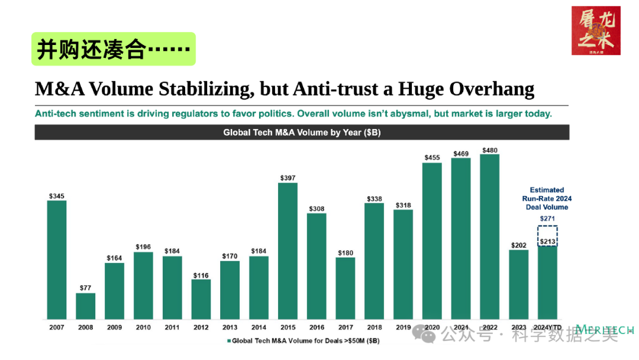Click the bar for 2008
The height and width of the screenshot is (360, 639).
pyautogui.click(x=85, y=306)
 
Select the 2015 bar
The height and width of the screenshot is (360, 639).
pyautogui.click(x=288, y=250)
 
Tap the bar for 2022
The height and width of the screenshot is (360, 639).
pyautogui.click(x=489, y=237)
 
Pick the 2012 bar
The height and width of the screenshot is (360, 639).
pyautogui.click(x=201, y=299)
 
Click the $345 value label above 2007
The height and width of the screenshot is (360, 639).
pyautogui.click(x=57, y=195)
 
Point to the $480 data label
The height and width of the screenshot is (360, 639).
pyautogui.click(x=489, y=150)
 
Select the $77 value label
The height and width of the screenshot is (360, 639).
pyautogui.click(x=85, y=288)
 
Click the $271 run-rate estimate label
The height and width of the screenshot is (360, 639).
pyautogui.click(x=547, y=219)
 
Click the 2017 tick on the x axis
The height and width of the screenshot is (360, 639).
pyautogui.click(x=345, y=327)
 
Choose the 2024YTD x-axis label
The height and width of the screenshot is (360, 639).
pyautogui.click(x=547, y=327)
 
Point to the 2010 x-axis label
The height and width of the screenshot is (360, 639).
pyautogui.click(x=143, y=327)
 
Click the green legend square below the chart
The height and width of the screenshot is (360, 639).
pyautogui.click(x=228, y=341)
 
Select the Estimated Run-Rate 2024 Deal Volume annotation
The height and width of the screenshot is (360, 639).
pyautogui.click(x=547, y=198)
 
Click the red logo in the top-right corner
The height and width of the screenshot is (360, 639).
pyautogui.click(x=596, y=30)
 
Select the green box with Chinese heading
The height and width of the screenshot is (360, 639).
pyautogui.click(x=114, y=49)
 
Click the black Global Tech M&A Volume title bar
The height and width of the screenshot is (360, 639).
pyautogui.click(x=302, y=133)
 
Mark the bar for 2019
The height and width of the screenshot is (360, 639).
pyautogui.click(x=403, y=264)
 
